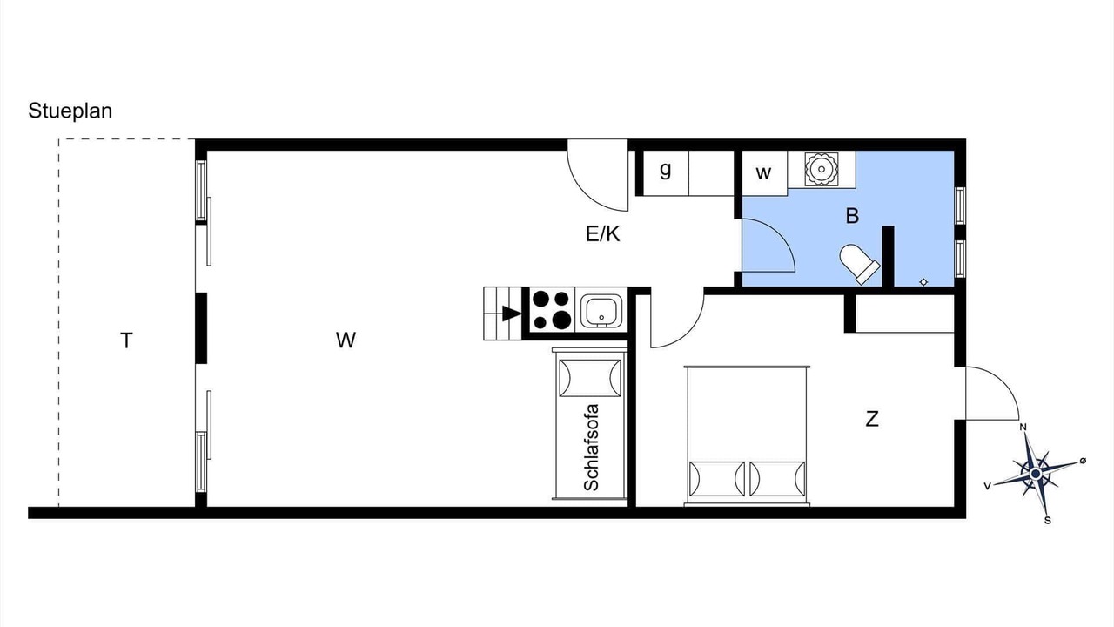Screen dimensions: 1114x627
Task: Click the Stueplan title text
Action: (x=70, y=111)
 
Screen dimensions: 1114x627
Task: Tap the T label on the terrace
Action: (x=126, y=340)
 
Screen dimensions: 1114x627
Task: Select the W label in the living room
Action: (x=346, y=340)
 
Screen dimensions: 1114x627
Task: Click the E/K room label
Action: (x=603, y=233)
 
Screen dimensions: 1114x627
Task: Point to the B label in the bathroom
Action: (x=852, y=216)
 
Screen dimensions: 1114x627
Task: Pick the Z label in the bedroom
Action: (x=872, y=420)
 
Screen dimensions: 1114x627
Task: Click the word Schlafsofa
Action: (x=591, y=448)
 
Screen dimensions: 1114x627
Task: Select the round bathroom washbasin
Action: (x=821, y=169)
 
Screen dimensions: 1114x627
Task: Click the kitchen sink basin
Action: (x=601, y=312)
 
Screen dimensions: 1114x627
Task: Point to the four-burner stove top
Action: (x=551, y=310)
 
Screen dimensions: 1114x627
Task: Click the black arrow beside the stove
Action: (x=512, y=313)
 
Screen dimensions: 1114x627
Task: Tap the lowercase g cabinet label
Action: (x=666, y=170)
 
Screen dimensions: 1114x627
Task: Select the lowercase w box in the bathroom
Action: (x=763, y=173)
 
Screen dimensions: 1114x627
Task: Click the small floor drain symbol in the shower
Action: (x=923, y=282)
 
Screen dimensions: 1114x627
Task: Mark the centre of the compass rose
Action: (x=1036, y=473)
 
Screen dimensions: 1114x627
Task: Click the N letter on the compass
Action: (x=1023, y=427)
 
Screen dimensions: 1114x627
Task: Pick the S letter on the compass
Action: (x=1048, y=521)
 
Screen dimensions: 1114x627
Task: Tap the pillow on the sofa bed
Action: (x=590, y=378)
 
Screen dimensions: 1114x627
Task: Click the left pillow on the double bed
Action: (x=716, y=479)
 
